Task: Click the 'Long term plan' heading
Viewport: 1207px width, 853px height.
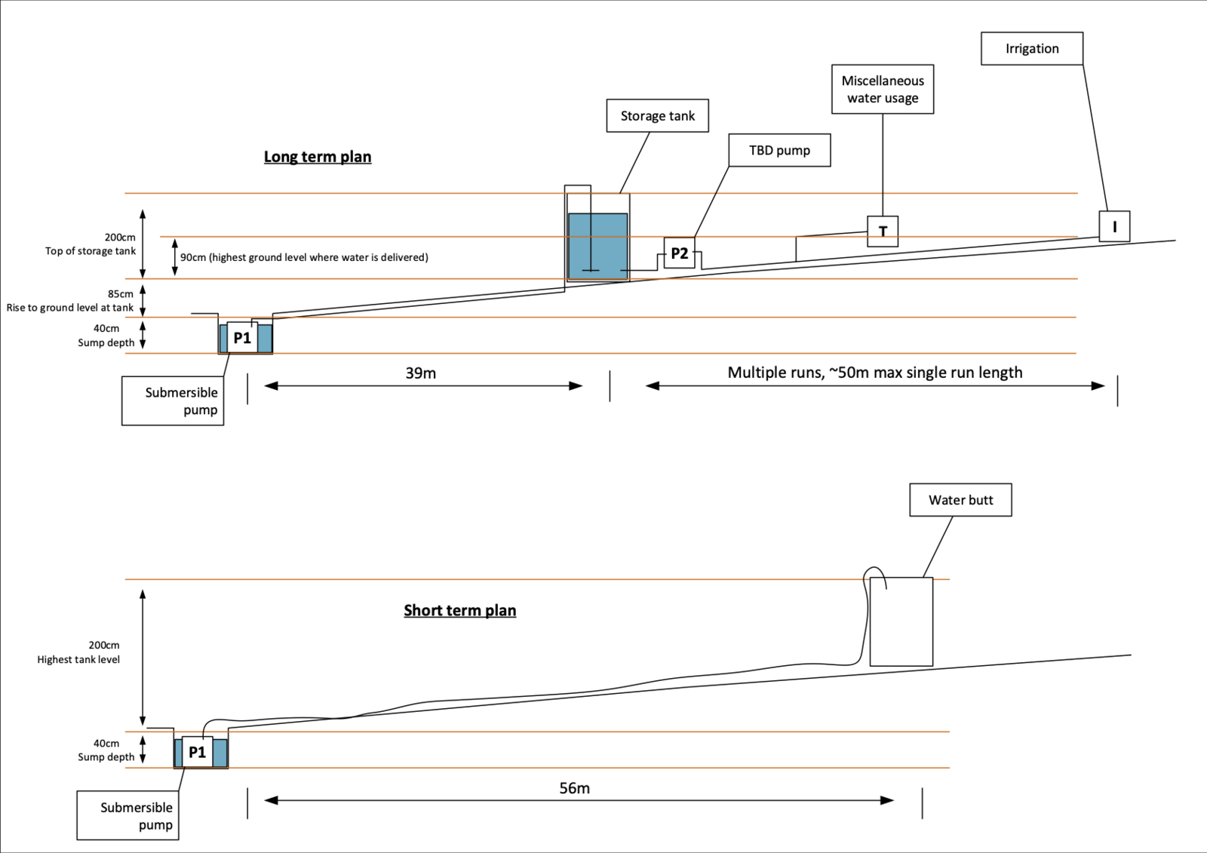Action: tap(318, 157)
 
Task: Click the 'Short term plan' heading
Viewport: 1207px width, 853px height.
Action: tap(459, 610)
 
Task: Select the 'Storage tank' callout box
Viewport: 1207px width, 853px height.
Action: tap(657, 116)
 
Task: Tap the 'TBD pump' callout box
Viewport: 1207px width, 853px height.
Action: tap(779, 150)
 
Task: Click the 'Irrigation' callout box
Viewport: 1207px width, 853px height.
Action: tap(1032, 49)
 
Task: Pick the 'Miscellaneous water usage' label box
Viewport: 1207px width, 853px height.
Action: tap(883, 89)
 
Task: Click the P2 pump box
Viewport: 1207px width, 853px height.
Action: tap(679, 253)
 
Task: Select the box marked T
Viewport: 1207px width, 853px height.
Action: tap(883, 231)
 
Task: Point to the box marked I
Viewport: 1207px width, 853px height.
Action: tap(1114, 226)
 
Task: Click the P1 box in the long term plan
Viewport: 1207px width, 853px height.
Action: tap(242, 338)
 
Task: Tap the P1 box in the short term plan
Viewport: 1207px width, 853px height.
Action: tap(197, 752)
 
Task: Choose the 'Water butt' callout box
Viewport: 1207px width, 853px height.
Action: tap(960, 500)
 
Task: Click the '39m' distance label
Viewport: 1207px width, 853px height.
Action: tap(421, 373)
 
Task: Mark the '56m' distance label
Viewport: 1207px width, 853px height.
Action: tap(575, 788)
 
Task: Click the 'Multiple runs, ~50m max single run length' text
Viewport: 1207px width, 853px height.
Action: tap(875, 373)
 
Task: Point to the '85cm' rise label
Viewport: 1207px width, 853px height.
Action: tap(121, 294)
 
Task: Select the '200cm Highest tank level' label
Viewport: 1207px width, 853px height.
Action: tap(78, 652)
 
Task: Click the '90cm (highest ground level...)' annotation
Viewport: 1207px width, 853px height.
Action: tap(304, 257)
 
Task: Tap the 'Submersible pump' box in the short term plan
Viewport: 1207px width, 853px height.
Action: tap(127, 815)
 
